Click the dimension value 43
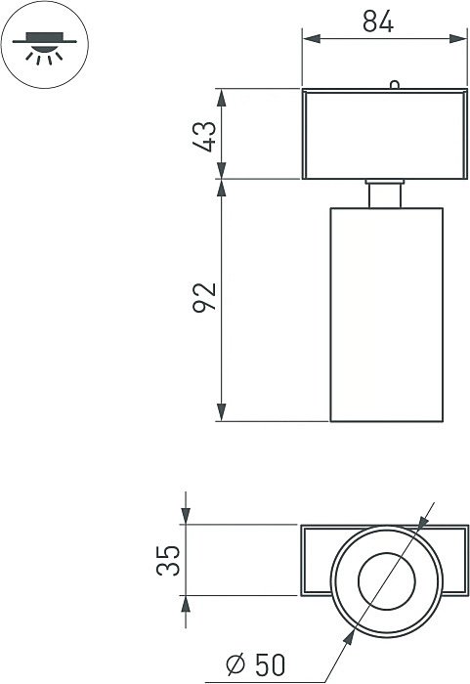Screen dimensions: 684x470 tap(204, 135)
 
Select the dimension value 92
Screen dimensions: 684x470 tap(204, 298)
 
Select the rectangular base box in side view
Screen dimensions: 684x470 tap(384, 134)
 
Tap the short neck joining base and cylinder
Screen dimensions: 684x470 tap(385, 193)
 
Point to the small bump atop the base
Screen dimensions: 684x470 tap(394, 84)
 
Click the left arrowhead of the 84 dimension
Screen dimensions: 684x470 tap(309, 39)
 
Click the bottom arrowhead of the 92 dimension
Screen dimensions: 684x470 tap(222, 414)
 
